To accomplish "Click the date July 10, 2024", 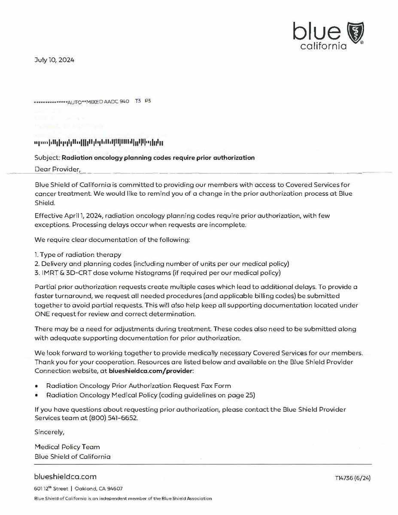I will point(54,60).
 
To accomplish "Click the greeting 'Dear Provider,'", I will point(57,169).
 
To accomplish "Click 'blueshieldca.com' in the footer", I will point(65,477).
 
